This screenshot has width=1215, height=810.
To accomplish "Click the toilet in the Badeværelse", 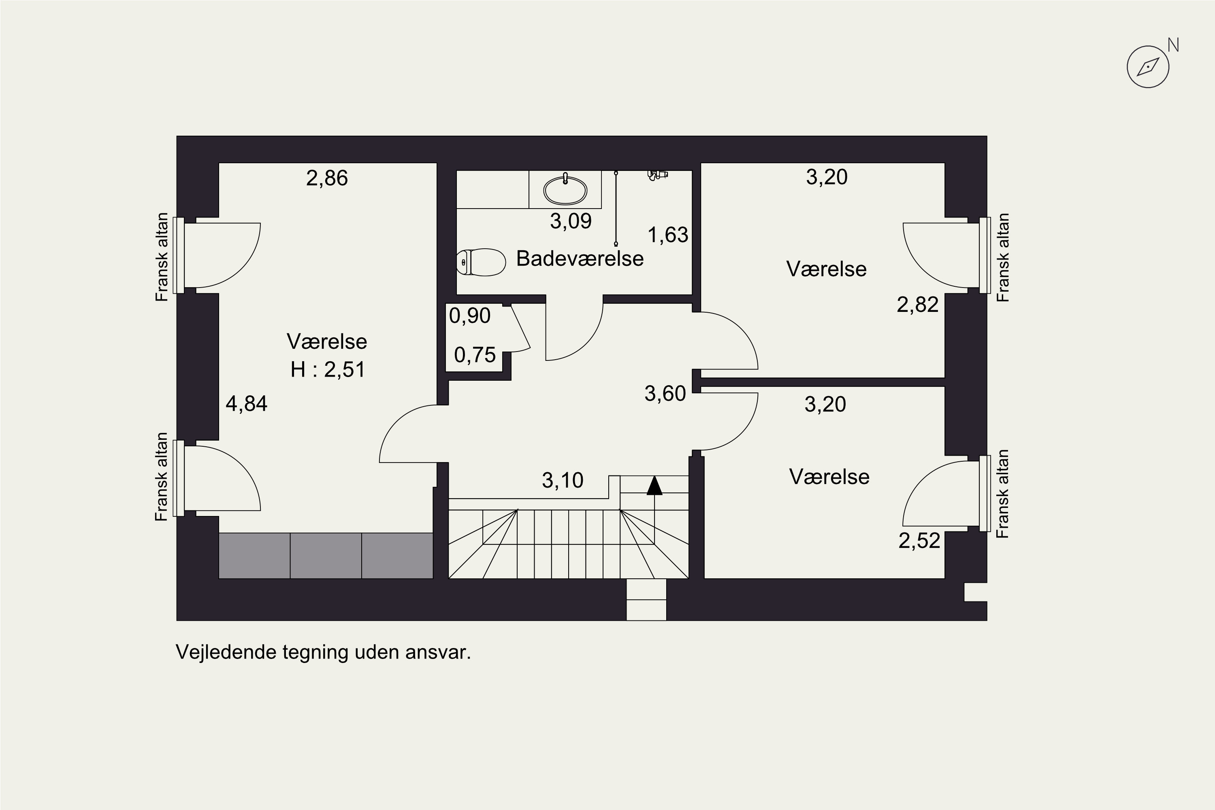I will coord(482,262).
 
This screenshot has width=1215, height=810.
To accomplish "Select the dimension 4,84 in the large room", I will coord(246,404).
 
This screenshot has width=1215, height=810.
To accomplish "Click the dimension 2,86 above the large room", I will coord(327,179).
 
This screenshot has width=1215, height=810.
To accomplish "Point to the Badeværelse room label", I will coord(580,259).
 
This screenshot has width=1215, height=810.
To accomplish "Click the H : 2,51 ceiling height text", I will coord(328,370).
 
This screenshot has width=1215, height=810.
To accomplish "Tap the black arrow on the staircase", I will coord(654,486).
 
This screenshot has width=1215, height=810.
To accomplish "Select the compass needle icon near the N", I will coord(1147,67).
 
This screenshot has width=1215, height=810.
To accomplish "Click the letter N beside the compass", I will coord(1173,45).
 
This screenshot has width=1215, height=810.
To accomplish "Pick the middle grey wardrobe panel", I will coord(326,556).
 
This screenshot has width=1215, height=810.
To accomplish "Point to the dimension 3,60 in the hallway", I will coord(665,394).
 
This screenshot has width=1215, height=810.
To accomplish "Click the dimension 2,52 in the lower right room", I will coord(919,541).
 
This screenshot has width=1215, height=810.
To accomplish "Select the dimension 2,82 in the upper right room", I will coord(917,305).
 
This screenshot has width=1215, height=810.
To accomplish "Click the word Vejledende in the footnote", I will coord(227,652).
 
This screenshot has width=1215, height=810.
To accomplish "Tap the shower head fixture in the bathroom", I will coord(657,175).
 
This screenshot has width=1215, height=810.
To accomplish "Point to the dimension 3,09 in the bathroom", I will coord(570,222).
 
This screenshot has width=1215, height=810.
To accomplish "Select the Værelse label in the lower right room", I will coord(829,477).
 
